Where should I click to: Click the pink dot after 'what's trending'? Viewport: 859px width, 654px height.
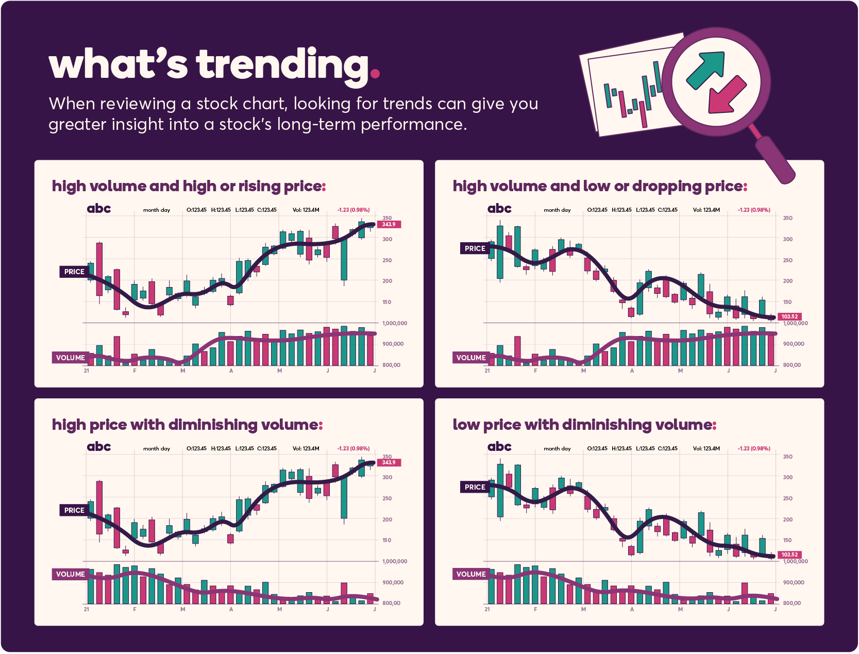375,73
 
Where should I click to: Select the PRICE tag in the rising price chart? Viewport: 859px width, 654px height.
74,272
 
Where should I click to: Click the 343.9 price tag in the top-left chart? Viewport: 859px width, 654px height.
389,224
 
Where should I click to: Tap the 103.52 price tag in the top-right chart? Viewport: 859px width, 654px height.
789,316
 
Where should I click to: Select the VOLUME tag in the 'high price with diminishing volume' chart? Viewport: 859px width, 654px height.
70,574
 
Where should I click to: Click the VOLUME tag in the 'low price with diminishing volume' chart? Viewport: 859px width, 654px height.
470,574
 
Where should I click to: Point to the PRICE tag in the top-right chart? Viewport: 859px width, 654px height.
474,248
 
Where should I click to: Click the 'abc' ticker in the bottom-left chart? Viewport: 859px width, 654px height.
98,446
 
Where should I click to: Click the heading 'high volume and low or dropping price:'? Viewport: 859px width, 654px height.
599,186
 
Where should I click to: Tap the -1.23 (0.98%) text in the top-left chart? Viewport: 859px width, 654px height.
353,210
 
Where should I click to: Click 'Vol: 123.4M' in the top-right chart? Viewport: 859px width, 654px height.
706,210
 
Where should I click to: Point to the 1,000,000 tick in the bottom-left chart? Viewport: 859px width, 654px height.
394,561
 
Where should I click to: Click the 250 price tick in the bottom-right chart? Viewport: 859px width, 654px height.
787,498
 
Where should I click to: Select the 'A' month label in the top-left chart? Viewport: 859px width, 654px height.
231,371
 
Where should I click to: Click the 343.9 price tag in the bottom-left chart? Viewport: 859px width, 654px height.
389,462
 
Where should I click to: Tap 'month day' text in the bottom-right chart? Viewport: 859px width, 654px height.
557,448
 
